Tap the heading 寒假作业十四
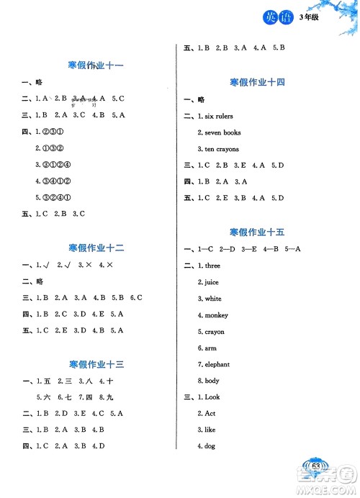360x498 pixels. click(256, 82)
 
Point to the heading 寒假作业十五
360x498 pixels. click(256, 232)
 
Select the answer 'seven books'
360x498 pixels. click(222, 132)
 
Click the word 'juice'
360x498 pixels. click(212, 282)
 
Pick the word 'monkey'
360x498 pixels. click(216, 315)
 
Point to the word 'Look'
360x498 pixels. click(213, 397)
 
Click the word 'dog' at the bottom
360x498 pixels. click(210, 446)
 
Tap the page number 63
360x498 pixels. click(316, 466)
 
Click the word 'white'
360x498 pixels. click(213, 299)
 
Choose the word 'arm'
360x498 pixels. click(210, 348)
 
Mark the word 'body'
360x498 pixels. click(212, 381)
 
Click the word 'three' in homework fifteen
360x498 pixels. click(213, 266)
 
